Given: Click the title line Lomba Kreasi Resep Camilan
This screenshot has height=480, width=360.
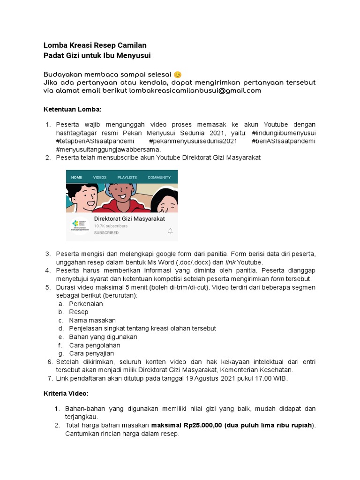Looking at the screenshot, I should [x=95, y=45].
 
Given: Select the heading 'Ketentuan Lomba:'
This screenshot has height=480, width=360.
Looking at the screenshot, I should [x=72, y=109].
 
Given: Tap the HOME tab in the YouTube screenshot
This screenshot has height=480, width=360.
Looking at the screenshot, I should [x=76, y=178].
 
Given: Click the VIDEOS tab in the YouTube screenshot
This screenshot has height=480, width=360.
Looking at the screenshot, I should [x=100, y=178].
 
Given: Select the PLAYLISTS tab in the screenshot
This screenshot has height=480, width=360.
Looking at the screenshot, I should [x=127, y=178].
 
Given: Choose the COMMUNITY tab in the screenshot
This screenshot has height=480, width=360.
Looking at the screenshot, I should [x=159, y=178].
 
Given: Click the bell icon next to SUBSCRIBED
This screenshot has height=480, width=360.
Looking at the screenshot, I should [x=170, y=231].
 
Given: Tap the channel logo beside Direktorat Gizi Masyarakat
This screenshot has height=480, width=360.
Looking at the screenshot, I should [x=80, y=225].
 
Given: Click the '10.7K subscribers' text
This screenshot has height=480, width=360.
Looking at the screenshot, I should [x=111, y=226].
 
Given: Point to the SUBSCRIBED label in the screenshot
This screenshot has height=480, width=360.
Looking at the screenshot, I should [x=106, y=232].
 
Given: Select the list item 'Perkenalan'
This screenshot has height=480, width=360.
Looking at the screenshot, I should [x=86, y=304].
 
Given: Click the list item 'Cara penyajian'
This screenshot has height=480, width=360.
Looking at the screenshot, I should [x=91, y=353].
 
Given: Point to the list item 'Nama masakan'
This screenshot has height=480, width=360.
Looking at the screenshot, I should [x=92, y=320].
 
